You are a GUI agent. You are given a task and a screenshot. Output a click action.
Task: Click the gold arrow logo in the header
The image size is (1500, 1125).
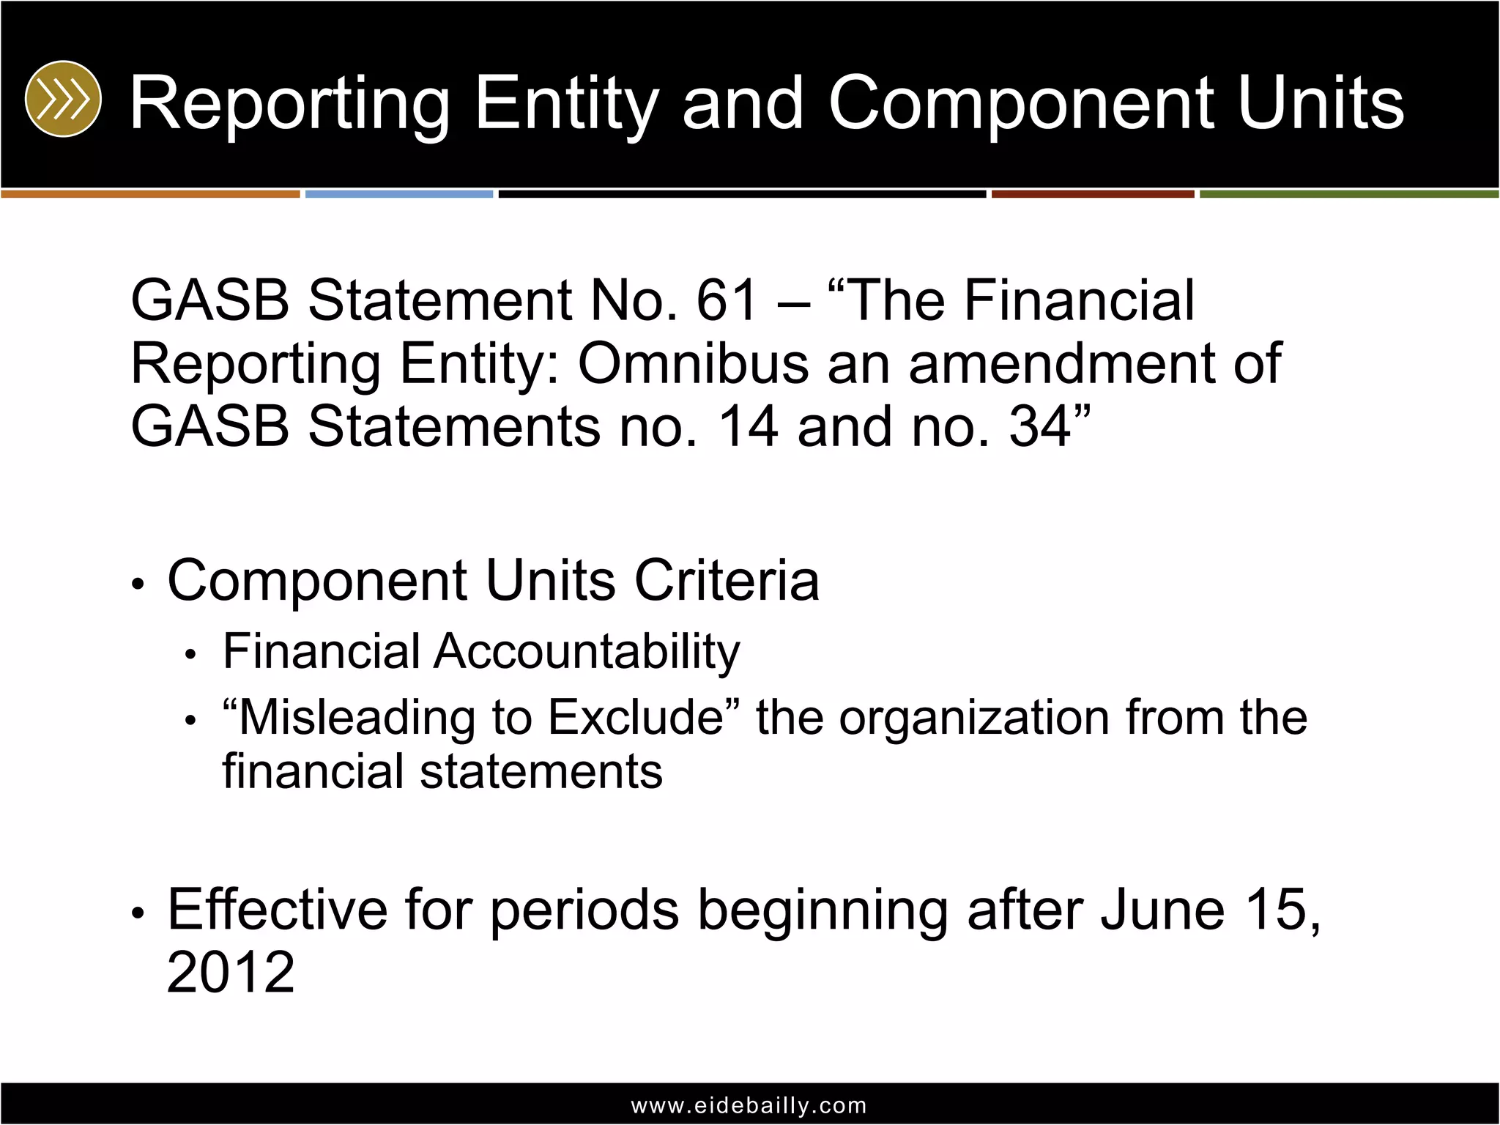point(63,99)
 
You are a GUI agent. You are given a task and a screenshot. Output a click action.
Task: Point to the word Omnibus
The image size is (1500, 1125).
point(693,363)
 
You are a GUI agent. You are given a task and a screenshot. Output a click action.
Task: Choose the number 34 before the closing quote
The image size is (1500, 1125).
point(1040,426)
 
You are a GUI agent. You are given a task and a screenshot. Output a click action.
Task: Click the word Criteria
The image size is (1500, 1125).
point(727,581)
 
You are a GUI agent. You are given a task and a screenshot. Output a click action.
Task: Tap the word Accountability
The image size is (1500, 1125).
point(587,651)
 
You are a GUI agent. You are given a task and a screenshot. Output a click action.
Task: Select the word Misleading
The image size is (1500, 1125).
point(357,717)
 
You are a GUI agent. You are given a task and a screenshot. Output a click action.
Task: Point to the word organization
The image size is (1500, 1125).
point(973,717)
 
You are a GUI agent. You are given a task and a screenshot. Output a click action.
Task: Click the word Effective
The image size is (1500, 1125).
point(278,910)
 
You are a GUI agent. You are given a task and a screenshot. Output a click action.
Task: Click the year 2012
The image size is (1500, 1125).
point(231,973)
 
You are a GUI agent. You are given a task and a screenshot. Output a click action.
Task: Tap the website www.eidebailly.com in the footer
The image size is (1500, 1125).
point(749,1105)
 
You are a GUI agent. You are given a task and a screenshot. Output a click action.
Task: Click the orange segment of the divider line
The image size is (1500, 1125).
point(150,194)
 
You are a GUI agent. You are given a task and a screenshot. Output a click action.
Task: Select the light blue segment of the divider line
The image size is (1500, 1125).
point(399,194)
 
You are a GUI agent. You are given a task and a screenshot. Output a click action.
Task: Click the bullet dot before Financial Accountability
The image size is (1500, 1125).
point(190,655)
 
